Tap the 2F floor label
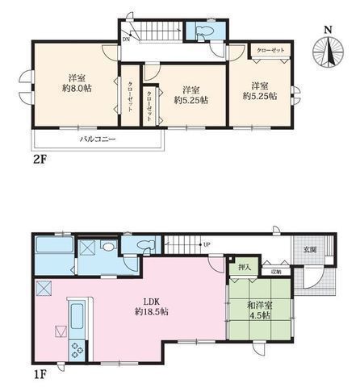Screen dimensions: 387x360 pos(39,158)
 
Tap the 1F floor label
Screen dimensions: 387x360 pos(39,372)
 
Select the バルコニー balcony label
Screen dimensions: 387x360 pos(97,139)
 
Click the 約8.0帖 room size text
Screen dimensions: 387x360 pos(77,88)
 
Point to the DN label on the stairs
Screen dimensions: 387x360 pos(126,39)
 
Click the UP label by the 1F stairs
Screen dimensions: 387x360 pos(207,244)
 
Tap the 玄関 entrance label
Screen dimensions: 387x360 pos(310,250)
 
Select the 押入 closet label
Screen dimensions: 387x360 pos(244,266)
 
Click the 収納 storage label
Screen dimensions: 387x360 pos(276,272)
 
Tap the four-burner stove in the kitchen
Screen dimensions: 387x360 pos(78,351)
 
